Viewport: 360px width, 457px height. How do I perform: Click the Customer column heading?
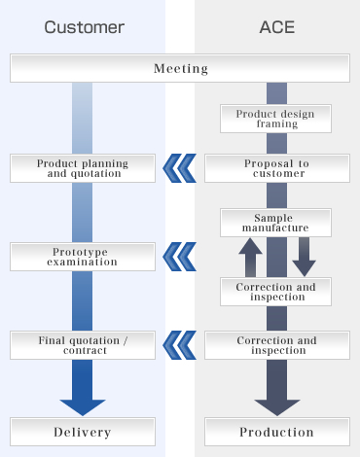[x=82, y=27]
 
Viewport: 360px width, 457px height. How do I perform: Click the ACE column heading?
[x=276, y=27]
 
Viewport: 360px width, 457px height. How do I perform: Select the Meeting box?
[x=180, y=68]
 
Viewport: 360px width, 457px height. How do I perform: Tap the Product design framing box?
[x=276, y=119]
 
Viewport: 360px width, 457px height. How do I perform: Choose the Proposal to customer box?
[x=276, y=168]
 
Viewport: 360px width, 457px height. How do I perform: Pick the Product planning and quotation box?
[x=83, y=168]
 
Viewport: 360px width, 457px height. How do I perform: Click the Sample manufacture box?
[x=276, y=223]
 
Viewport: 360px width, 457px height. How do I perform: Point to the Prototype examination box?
[x=83, y=257]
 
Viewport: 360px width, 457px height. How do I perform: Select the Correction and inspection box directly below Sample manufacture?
[x=276, y=292]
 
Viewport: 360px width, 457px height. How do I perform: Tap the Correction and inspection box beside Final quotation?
[x=276, y=345]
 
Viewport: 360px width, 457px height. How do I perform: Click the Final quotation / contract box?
[x=83, y=345]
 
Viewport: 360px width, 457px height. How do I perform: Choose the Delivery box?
[x=83, y=432]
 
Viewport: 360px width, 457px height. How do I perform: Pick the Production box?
[x=276, y=432]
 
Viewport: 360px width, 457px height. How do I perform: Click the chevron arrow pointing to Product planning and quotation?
[x=180, y=168]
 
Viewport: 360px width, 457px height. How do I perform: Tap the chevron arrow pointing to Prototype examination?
[x=180, y=257]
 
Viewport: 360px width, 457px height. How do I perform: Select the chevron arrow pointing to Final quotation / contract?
[x=180, y=345]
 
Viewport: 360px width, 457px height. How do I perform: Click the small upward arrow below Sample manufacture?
[x=250, y=258]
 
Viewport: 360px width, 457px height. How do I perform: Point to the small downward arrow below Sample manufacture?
[x=304, y=258]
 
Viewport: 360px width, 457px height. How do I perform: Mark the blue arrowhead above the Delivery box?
[x=83, y=403]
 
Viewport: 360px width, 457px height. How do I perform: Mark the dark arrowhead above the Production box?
[x=276, y=403]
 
